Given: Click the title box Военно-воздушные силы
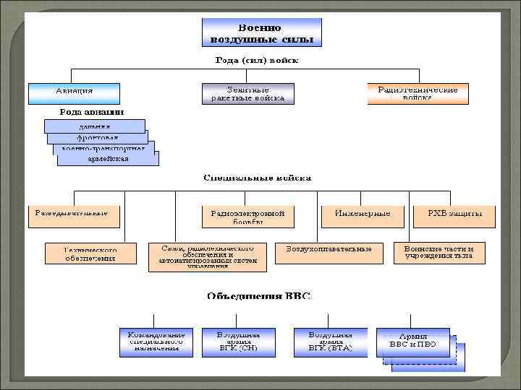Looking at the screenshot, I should click(261, 32).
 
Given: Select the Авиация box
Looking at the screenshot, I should click(74, 93).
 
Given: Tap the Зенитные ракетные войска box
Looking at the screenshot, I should click(247, 93).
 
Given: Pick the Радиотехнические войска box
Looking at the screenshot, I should click(418, 93).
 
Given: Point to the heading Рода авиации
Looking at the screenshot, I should click(91, 112).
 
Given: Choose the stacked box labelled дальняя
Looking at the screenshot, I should click(95, 126).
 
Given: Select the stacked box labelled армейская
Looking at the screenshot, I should click(109, 159).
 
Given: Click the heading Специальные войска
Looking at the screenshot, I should click(258, 177).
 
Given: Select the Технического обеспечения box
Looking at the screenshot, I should click(90, 253).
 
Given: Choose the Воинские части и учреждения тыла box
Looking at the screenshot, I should click(439, 252).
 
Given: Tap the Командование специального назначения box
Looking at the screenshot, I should click(156, 342).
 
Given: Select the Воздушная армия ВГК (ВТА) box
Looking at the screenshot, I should click(331, 342).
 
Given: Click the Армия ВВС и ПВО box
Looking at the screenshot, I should click(412, 342).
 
